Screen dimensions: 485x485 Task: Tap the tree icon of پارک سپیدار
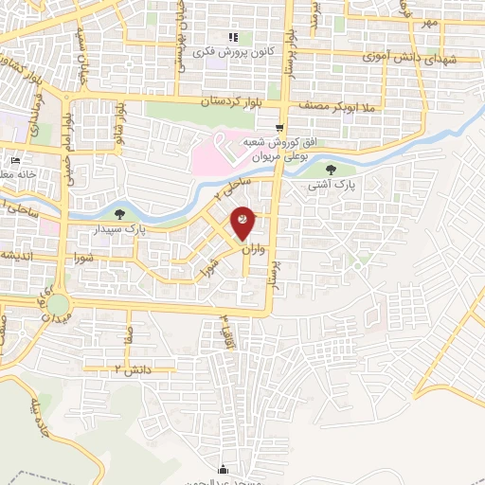[118, 214]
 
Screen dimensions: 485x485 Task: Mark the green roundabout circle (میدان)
[59, 305]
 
